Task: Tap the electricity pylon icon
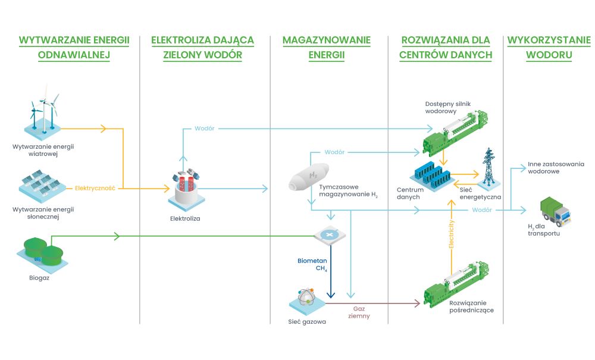[x=488, y=166]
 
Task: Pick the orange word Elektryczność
[x=95, y=189]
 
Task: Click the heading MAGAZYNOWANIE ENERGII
[x=326, y=48]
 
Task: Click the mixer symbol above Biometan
[x=328, y=236]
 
